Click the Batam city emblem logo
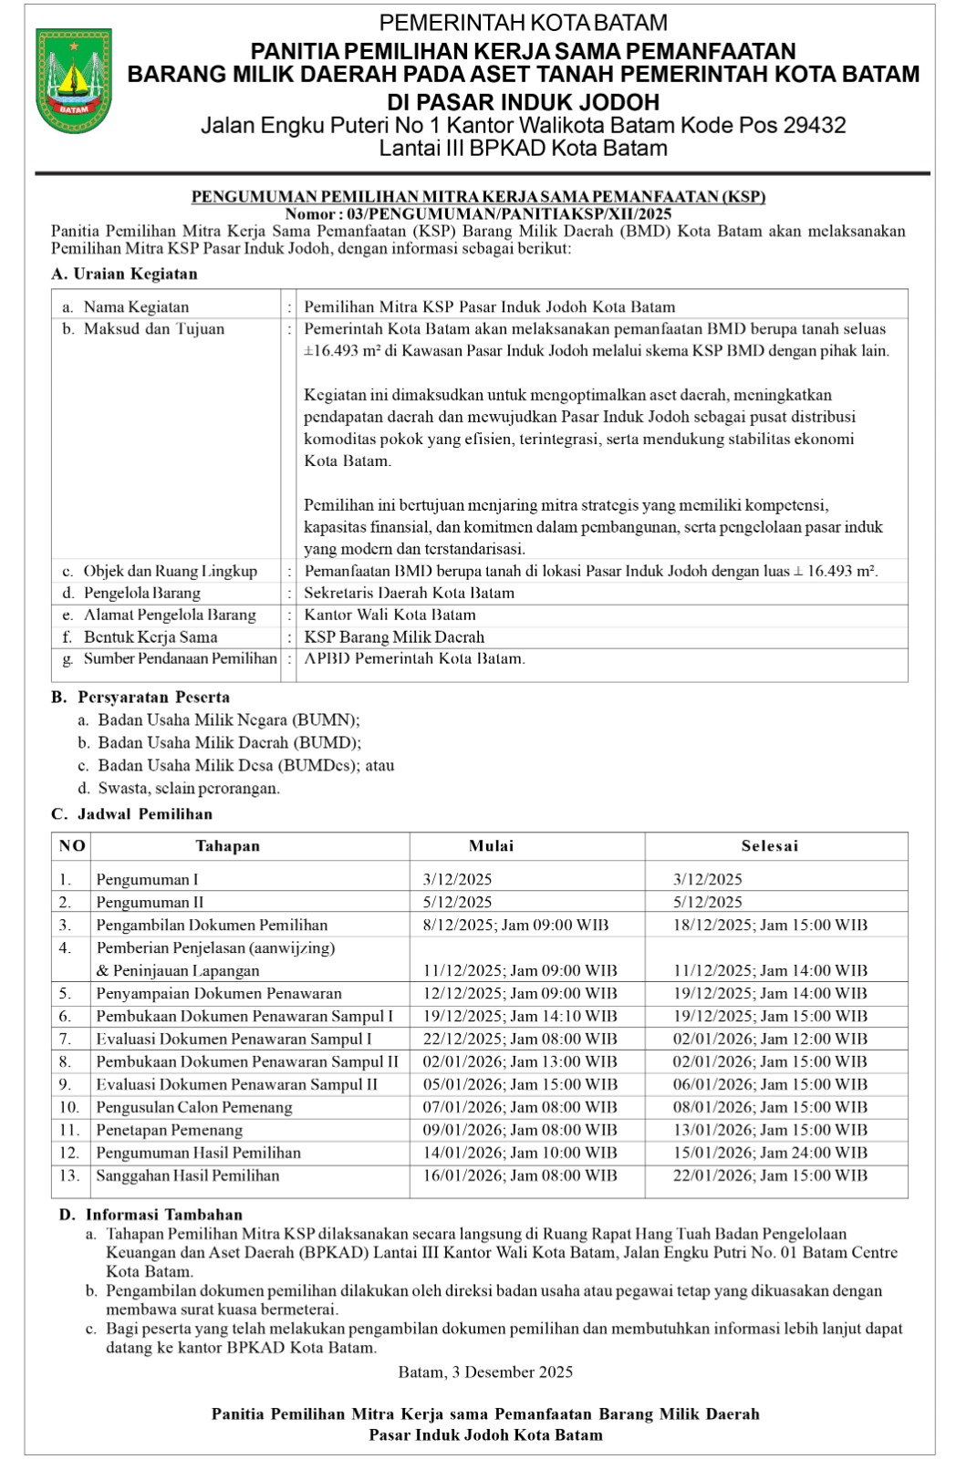pos(74,80)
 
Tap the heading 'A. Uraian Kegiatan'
pos(124,274)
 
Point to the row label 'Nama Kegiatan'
pos(136,307)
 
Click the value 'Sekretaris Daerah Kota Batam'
pos(409,593)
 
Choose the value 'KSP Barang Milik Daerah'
pos(394,637)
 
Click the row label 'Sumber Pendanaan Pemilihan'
pos(180,658)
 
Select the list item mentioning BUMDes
pos(246,765)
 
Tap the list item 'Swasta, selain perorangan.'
pos(189,788)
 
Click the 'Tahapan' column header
pos(227,846)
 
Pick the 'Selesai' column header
pos(769,846)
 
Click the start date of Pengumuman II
pos(457,903)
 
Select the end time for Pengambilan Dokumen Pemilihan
pos(770,926)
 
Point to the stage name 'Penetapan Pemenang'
pos(170,1131)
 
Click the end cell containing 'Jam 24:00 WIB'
pos(770,1154)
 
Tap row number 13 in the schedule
pos(69,1176)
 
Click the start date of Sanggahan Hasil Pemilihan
pos(519,1176)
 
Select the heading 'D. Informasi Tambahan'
pos(151,1215)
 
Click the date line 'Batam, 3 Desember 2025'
pos(485,1372)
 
